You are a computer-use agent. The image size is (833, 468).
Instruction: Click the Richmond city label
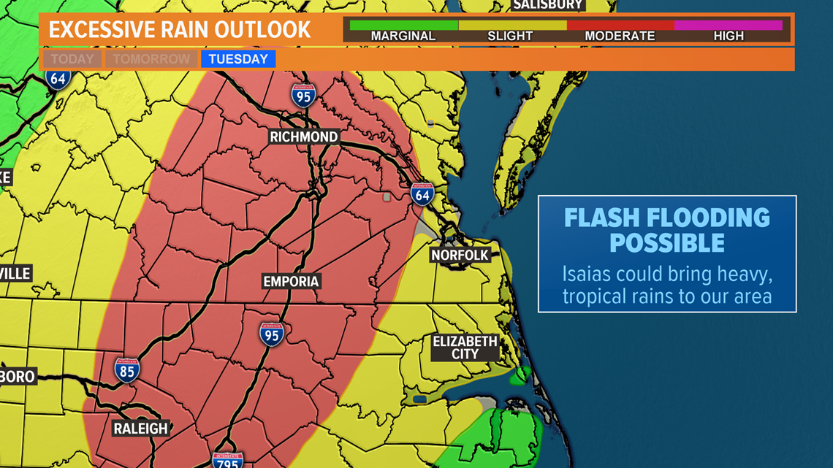click(303, 137)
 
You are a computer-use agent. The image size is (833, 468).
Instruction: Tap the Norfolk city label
click(459, 255)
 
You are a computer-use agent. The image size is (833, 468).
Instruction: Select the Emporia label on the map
click(291, 281)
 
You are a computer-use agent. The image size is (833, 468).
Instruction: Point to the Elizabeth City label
click(465, 348)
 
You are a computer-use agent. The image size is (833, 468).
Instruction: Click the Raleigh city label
click(140, 429)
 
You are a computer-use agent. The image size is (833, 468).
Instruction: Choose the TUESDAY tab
click(238, 59)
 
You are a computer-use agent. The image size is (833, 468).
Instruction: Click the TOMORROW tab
click(151, 59)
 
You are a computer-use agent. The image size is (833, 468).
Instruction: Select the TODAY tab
click(72, 59)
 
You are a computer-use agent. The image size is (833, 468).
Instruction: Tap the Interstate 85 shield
click(126, 370)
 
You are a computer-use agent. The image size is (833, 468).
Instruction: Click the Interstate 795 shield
click(227, 460)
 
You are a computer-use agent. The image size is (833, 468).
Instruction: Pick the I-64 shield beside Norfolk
click(422, 194)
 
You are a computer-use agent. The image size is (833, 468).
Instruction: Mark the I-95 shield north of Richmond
click(303, 95)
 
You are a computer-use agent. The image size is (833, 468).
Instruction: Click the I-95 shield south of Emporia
click(271, 334)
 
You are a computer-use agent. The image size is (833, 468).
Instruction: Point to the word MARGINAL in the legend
click(403, 36)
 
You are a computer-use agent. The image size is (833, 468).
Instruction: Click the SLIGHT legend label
click(510, 36)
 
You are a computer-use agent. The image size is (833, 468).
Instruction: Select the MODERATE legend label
click(620, 36)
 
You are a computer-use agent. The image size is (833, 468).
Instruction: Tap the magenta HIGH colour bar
click(728, 25)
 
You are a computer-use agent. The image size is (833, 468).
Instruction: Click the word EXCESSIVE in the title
click(102, 30)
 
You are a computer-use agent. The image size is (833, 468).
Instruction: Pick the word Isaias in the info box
click(586, 275)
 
